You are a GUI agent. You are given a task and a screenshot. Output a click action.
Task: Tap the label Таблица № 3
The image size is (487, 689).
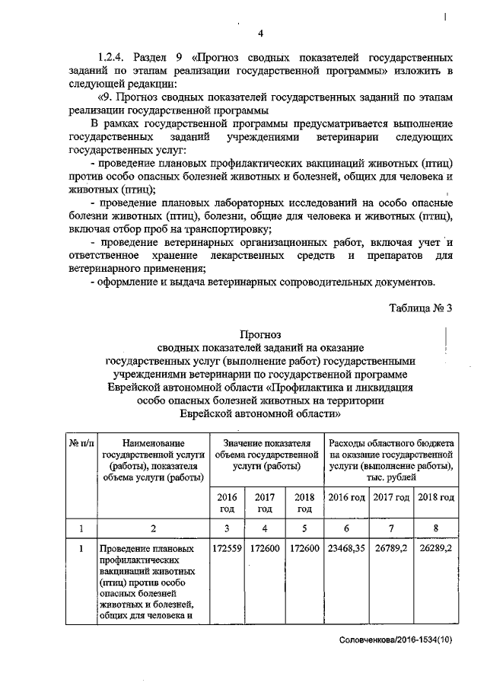[x=420, y=308]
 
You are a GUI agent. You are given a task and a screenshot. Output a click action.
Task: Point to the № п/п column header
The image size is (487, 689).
[x=81, y=442]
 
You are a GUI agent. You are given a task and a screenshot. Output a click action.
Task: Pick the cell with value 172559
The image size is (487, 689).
[x=228, y=548]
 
